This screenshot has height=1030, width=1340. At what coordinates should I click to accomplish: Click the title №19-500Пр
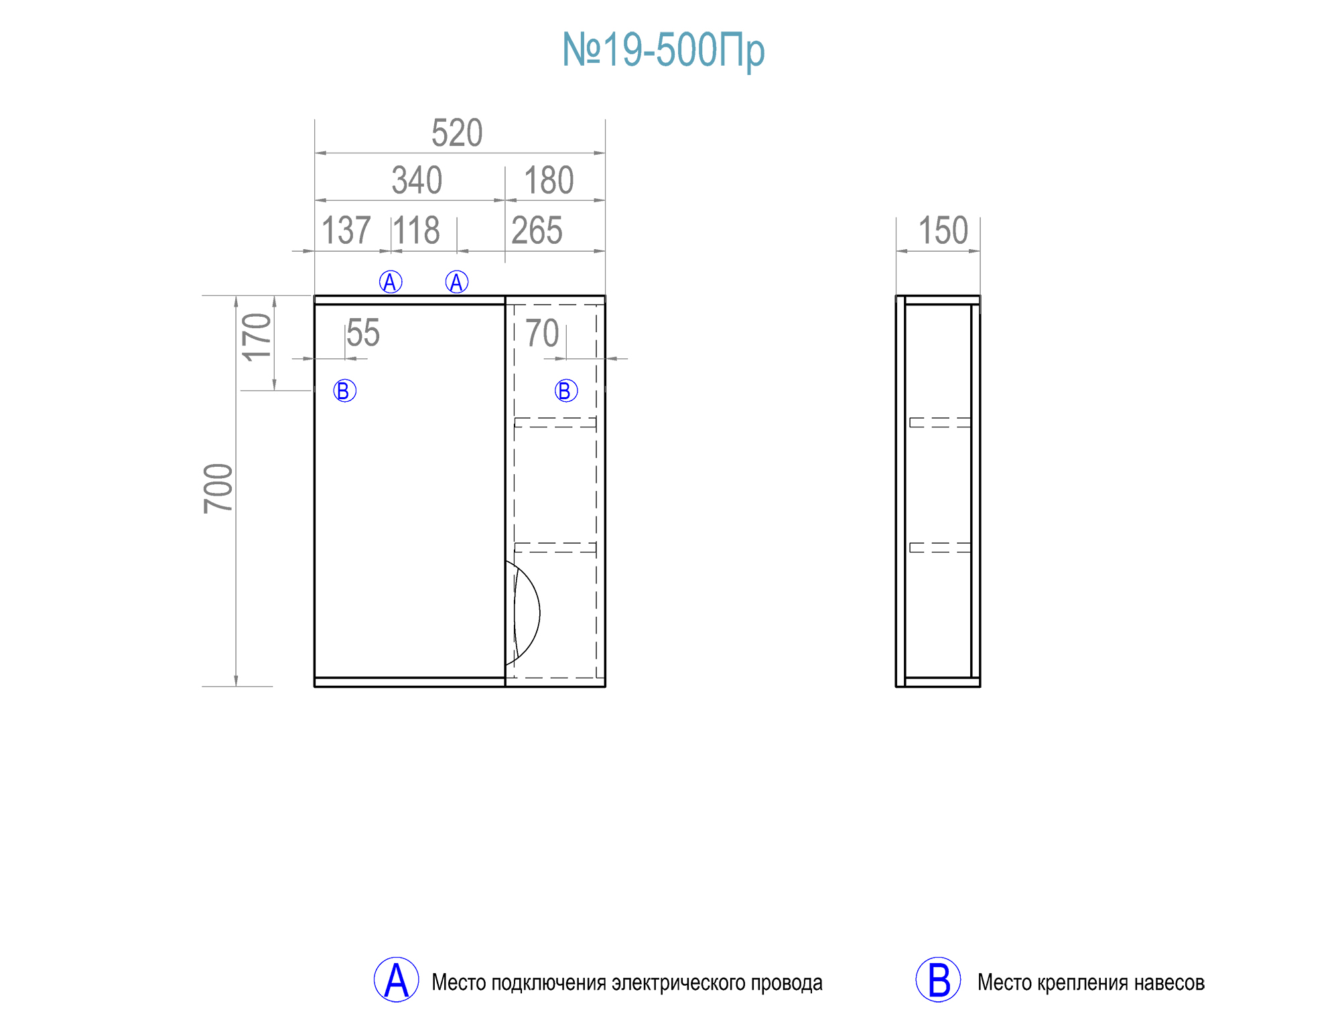coord(663,50)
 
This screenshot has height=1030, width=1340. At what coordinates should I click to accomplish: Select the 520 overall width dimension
coord(457,133)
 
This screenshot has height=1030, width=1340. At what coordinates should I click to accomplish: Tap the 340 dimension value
coord(417,180)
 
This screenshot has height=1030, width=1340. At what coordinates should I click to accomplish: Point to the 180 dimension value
coord(549,180)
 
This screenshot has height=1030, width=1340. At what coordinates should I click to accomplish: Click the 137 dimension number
coord(346,230)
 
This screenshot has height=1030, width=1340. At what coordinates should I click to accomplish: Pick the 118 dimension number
coord(417,230)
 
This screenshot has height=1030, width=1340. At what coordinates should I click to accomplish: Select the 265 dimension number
coord(537,230)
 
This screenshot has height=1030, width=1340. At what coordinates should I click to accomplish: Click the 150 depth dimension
coord(943,230)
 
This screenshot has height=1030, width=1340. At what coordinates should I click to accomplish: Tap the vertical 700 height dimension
coord(218,488)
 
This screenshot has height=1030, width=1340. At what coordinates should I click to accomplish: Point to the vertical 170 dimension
coord(257,337)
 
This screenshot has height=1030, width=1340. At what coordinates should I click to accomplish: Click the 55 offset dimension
coord(363,333)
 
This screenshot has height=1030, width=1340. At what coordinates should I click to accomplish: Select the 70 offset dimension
coord(542,333)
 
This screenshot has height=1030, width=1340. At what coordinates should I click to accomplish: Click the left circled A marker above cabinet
coord(391,282)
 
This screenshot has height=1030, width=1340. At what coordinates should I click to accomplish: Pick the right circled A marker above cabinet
coord(457,282)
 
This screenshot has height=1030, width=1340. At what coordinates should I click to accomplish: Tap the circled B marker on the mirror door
coord(344,390)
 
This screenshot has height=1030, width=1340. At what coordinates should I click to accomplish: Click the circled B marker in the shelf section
coord(566,390)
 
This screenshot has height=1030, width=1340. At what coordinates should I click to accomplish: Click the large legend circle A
coord(396,980)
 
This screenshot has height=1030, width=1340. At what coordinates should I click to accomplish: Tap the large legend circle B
coord(938,980)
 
